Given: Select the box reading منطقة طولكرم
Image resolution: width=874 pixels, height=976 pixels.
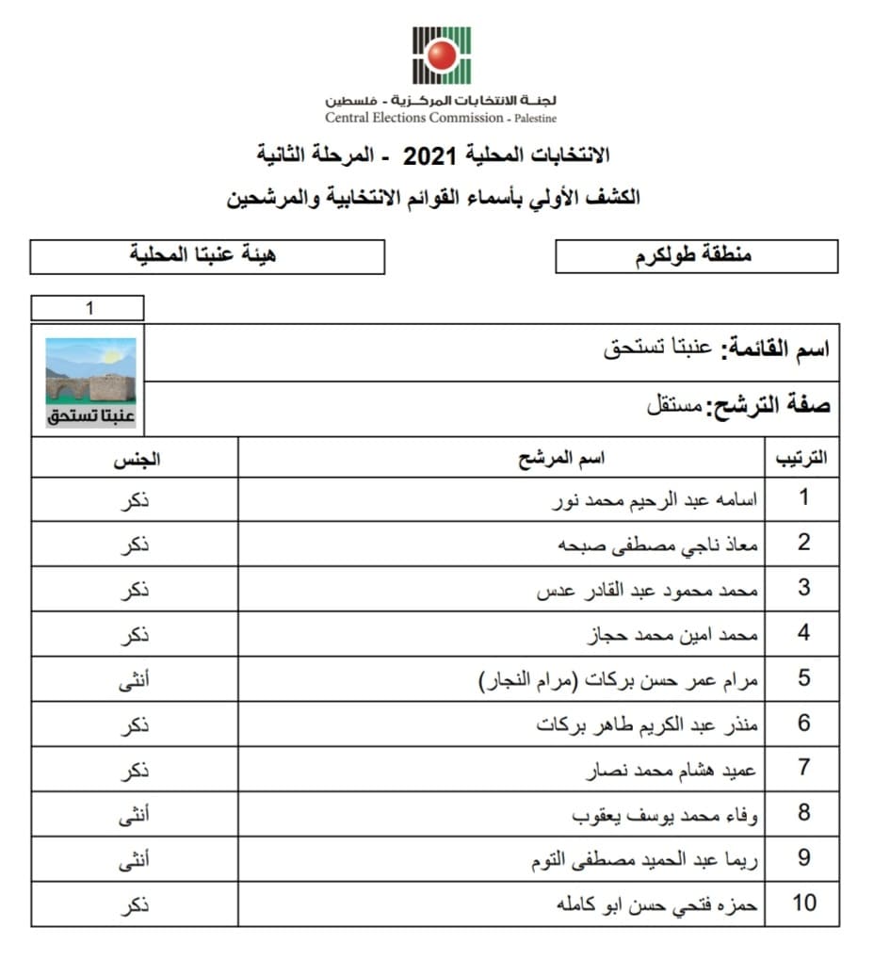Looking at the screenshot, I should click(x=696, y=256).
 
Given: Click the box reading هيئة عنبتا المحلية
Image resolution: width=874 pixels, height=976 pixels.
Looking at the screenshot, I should click(x=207, y=256).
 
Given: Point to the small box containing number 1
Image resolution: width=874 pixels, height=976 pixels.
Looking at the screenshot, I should click(x=88, y=308).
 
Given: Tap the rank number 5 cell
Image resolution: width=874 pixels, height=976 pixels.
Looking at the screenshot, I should click(x=803, y=678).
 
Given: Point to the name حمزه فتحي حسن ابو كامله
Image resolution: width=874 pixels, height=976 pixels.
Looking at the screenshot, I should click(x=656, y=904).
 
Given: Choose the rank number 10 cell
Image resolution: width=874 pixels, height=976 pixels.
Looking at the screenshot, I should click(x=803, y=904).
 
